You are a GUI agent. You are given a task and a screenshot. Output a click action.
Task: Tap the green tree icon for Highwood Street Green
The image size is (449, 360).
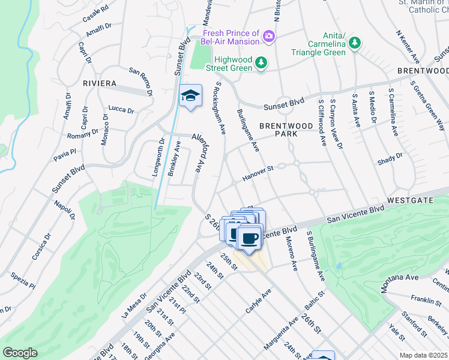261,62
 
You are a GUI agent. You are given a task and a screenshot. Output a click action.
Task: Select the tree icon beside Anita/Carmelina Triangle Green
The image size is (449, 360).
355,43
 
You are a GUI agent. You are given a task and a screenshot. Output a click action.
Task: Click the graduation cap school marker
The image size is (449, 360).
190,96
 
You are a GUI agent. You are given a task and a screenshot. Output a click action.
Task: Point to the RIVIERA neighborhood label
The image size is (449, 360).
100,83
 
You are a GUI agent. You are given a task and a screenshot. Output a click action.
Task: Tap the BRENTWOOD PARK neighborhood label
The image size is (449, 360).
286,130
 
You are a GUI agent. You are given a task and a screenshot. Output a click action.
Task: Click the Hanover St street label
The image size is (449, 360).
258,175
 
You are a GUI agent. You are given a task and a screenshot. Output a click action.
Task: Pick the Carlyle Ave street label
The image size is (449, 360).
259,301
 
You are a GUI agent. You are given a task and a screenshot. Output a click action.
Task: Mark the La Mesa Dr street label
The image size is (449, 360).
134,306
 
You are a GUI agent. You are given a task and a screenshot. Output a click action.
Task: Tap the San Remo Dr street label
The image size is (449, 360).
141,83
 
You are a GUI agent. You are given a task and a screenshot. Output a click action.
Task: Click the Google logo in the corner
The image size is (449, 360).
20,353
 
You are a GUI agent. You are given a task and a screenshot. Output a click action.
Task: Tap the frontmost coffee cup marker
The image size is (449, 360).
249,238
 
